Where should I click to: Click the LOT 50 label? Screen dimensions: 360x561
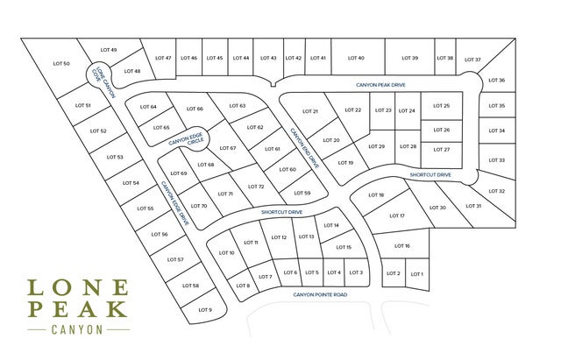[x=61, y=64]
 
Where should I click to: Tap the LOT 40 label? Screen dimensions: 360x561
[x=356, y=58]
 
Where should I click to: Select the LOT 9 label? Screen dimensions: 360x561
[x=205, y=310]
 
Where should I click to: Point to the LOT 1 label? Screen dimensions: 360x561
[x=416, y=274]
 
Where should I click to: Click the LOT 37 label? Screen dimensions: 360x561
[x=472, y=60]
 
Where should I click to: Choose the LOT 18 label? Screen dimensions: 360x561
[x=376, y=194]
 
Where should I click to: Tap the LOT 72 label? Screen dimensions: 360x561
[x=256, y=187]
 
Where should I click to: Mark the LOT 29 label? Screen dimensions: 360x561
[x=376, y=146]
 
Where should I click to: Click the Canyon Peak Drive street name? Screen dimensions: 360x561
[x=381, y=85]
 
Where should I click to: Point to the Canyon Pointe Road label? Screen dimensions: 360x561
[x=320, y=295]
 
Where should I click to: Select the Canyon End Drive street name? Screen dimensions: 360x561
[x=306, y=147]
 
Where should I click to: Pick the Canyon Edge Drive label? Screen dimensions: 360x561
[x=174, y=203]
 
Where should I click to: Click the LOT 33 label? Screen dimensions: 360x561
[x=496, y=160]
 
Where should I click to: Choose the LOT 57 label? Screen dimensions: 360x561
[x=174, y=260]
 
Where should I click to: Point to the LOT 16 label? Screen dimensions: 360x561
[x=402, y=246]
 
